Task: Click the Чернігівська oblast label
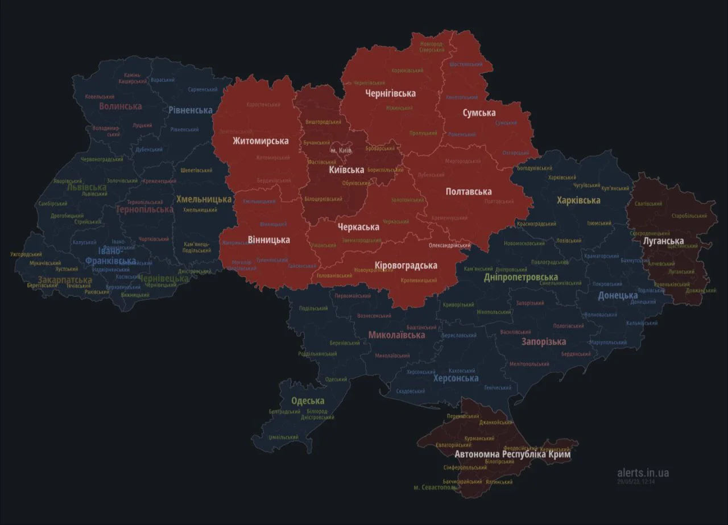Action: [390, 93]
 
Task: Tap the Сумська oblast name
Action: [479, 113]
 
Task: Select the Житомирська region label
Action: [260, 140]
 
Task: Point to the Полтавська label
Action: [469, 192]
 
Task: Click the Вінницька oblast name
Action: [268, 239]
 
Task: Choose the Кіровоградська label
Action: [406, 266]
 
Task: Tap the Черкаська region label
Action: [358, 227]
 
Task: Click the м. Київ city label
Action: [341, 150]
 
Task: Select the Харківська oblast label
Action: [578, 200]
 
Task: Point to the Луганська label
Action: [663, 241]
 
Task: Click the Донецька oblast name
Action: [617, 295]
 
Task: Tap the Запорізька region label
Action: [544, 341]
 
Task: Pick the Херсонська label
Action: [456, 378]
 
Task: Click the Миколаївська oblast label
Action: [396, 334]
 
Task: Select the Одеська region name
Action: [308, 400]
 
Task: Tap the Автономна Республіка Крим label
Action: [512, 454]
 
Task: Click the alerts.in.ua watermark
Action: [643, 473]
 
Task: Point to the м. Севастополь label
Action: [435, 487]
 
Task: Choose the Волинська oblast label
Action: [120, 106]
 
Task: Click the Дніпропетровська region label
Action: [521, 277]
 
